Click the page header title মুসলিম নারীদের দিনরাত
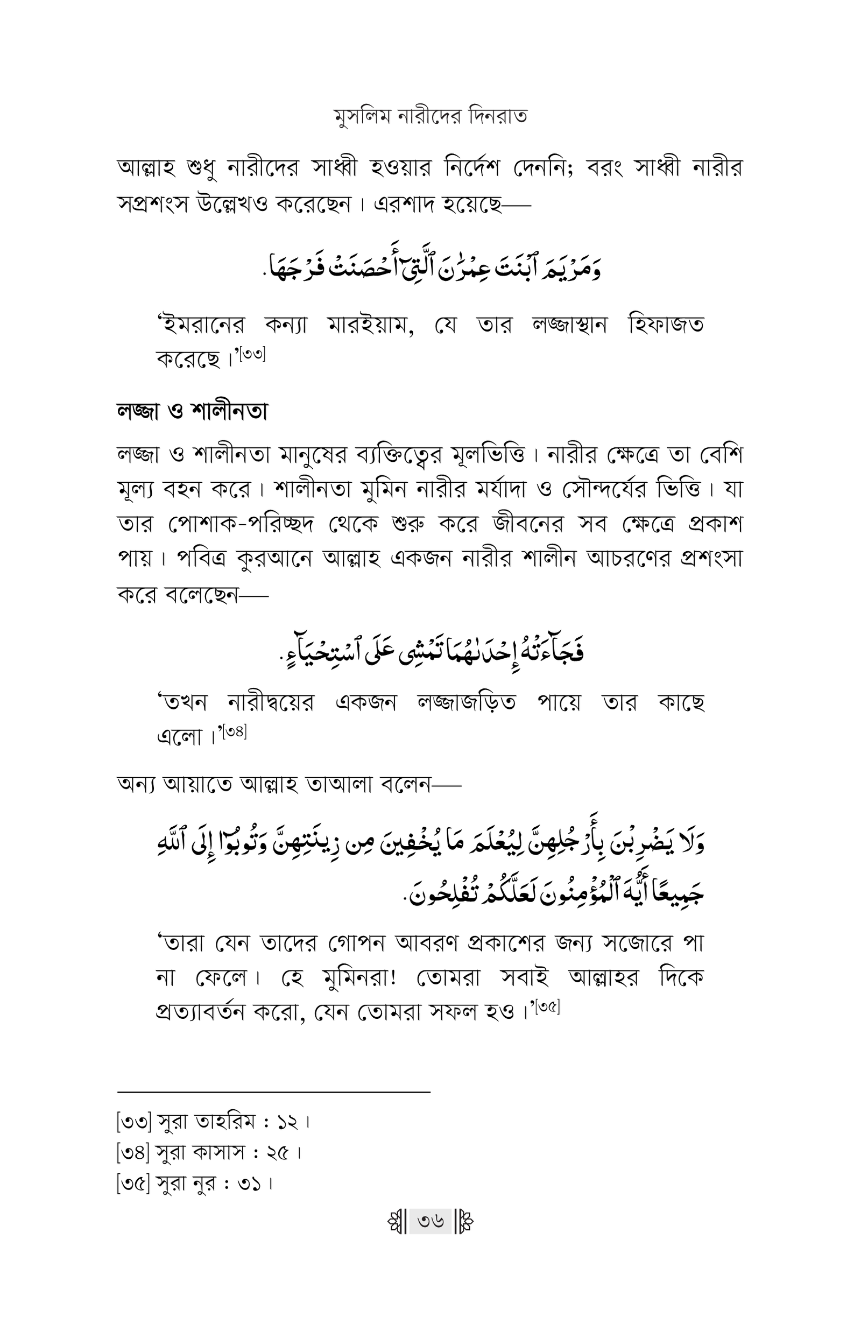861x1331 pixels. pyautogui.click(x=430, y=117)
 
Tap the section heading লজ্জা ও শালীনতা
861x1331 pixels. pyautogui.click(x=192, y=412)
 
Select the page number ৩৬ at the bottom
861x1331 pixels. pyautogui.click(x=430, y=1221)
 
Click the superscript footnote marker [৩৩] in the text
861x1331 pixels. pyautogui.click(x=253, y=354)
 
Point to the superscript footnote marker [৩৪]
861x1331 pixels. pyautogui.click(x=234, y=731)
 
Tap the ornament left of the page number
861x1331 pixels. pyautogui.click(x=397, y=1221)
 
